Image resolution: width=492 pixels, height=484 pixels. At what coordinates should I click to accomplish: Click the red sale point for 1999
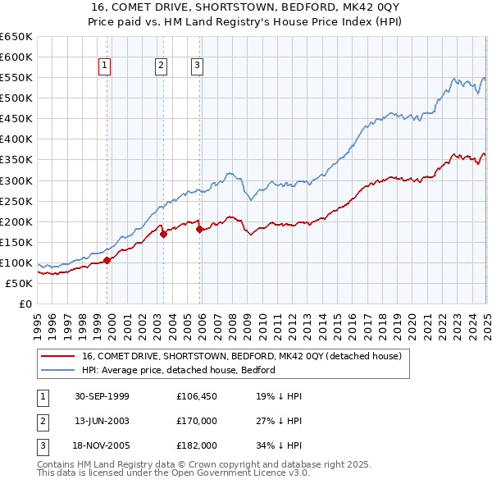coord(107,260)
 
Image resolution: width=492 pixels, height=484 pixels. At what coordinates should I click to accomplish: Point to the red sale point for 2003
coord(163,234)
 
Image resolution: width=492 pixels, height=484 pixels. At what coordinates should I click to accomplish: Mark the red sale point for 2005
coord(199,229)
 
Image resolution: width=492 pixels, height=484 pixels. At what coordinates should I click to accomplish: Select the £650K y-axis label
coord(16,37)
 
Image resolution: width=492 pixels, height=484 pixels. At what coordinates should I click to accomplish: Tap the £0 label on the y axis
coord(25,304)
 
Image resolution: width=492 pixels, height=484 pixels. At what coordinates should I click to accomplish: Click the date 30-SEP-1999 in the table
coord(102,396)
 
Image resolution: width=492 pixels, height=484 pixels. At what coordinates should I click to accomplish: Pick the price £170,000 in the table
coord(197,422)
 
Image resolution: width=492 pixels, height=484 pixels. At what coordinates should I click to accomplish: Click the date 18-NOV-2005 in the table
coord(102,447)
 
